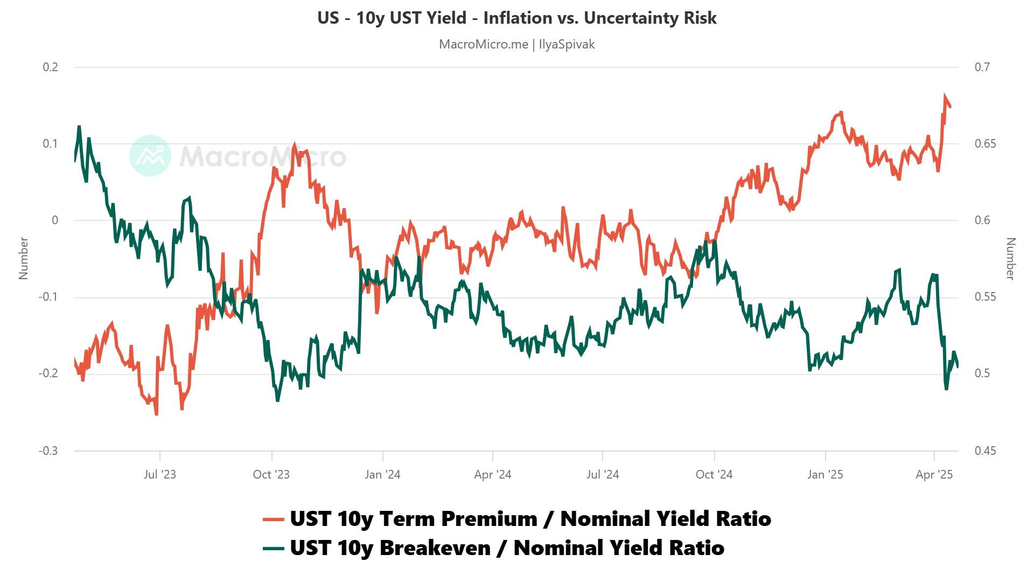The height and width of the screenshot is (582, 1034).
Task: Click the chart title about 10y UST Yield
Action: (x=516, y=18)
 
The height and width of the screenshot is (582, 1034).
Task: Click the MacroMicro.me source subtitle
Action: (x=516, y=44)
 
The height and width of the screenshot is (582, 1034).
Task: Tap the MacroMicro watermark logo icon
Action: (x=150, y=156)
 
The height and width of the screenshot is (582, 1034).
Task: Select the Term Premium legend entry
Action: (x=516, y=519)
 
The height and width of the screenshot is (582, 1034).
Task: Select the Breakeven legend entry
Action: (x=493, y=548)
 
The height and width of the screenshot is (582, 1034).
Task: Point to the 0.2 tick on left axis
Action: (x=51, y=67)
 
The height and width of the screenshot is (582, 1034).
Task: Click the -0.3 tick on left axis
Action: (x=48, y=451)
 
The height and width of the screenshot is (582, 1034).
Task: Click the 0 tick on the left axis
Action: (x=55, y=220)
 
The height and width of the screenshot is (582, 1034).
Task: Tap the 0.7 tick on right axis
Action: (x=982, y=67)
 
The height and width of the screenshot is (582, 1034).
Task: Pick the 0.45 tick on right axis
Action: (x=985, y=451)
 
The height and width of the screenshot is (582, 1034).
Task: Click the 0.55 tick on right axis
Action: (x=985, y=297)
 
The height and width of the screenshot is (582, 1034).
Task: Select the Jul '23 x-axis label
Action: (x=160, y=475)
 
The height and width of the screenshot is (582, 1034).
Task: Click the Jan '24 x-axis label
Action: (x=382, y=475)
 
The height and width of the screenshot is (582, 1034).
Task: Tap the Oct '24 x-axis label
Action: (x=714, y=475)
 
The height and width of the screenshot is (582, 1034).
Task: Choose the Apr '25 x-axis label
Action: (x=934, y=475)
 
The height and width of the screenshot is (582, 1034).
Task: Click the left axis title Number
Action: (x=23, y=258)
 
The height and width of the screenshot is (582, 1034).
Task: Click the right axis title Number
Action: (x=1010, y=258)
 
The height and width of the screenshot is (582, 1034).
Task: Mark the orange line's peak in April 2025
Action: (x=945, y=97)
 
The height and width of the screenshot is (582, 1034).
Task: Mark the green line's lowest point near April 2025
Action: (x=946, y=389)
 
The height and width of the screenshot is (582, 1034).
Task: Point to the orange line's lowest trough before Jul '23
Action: (x=156, y=414)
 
